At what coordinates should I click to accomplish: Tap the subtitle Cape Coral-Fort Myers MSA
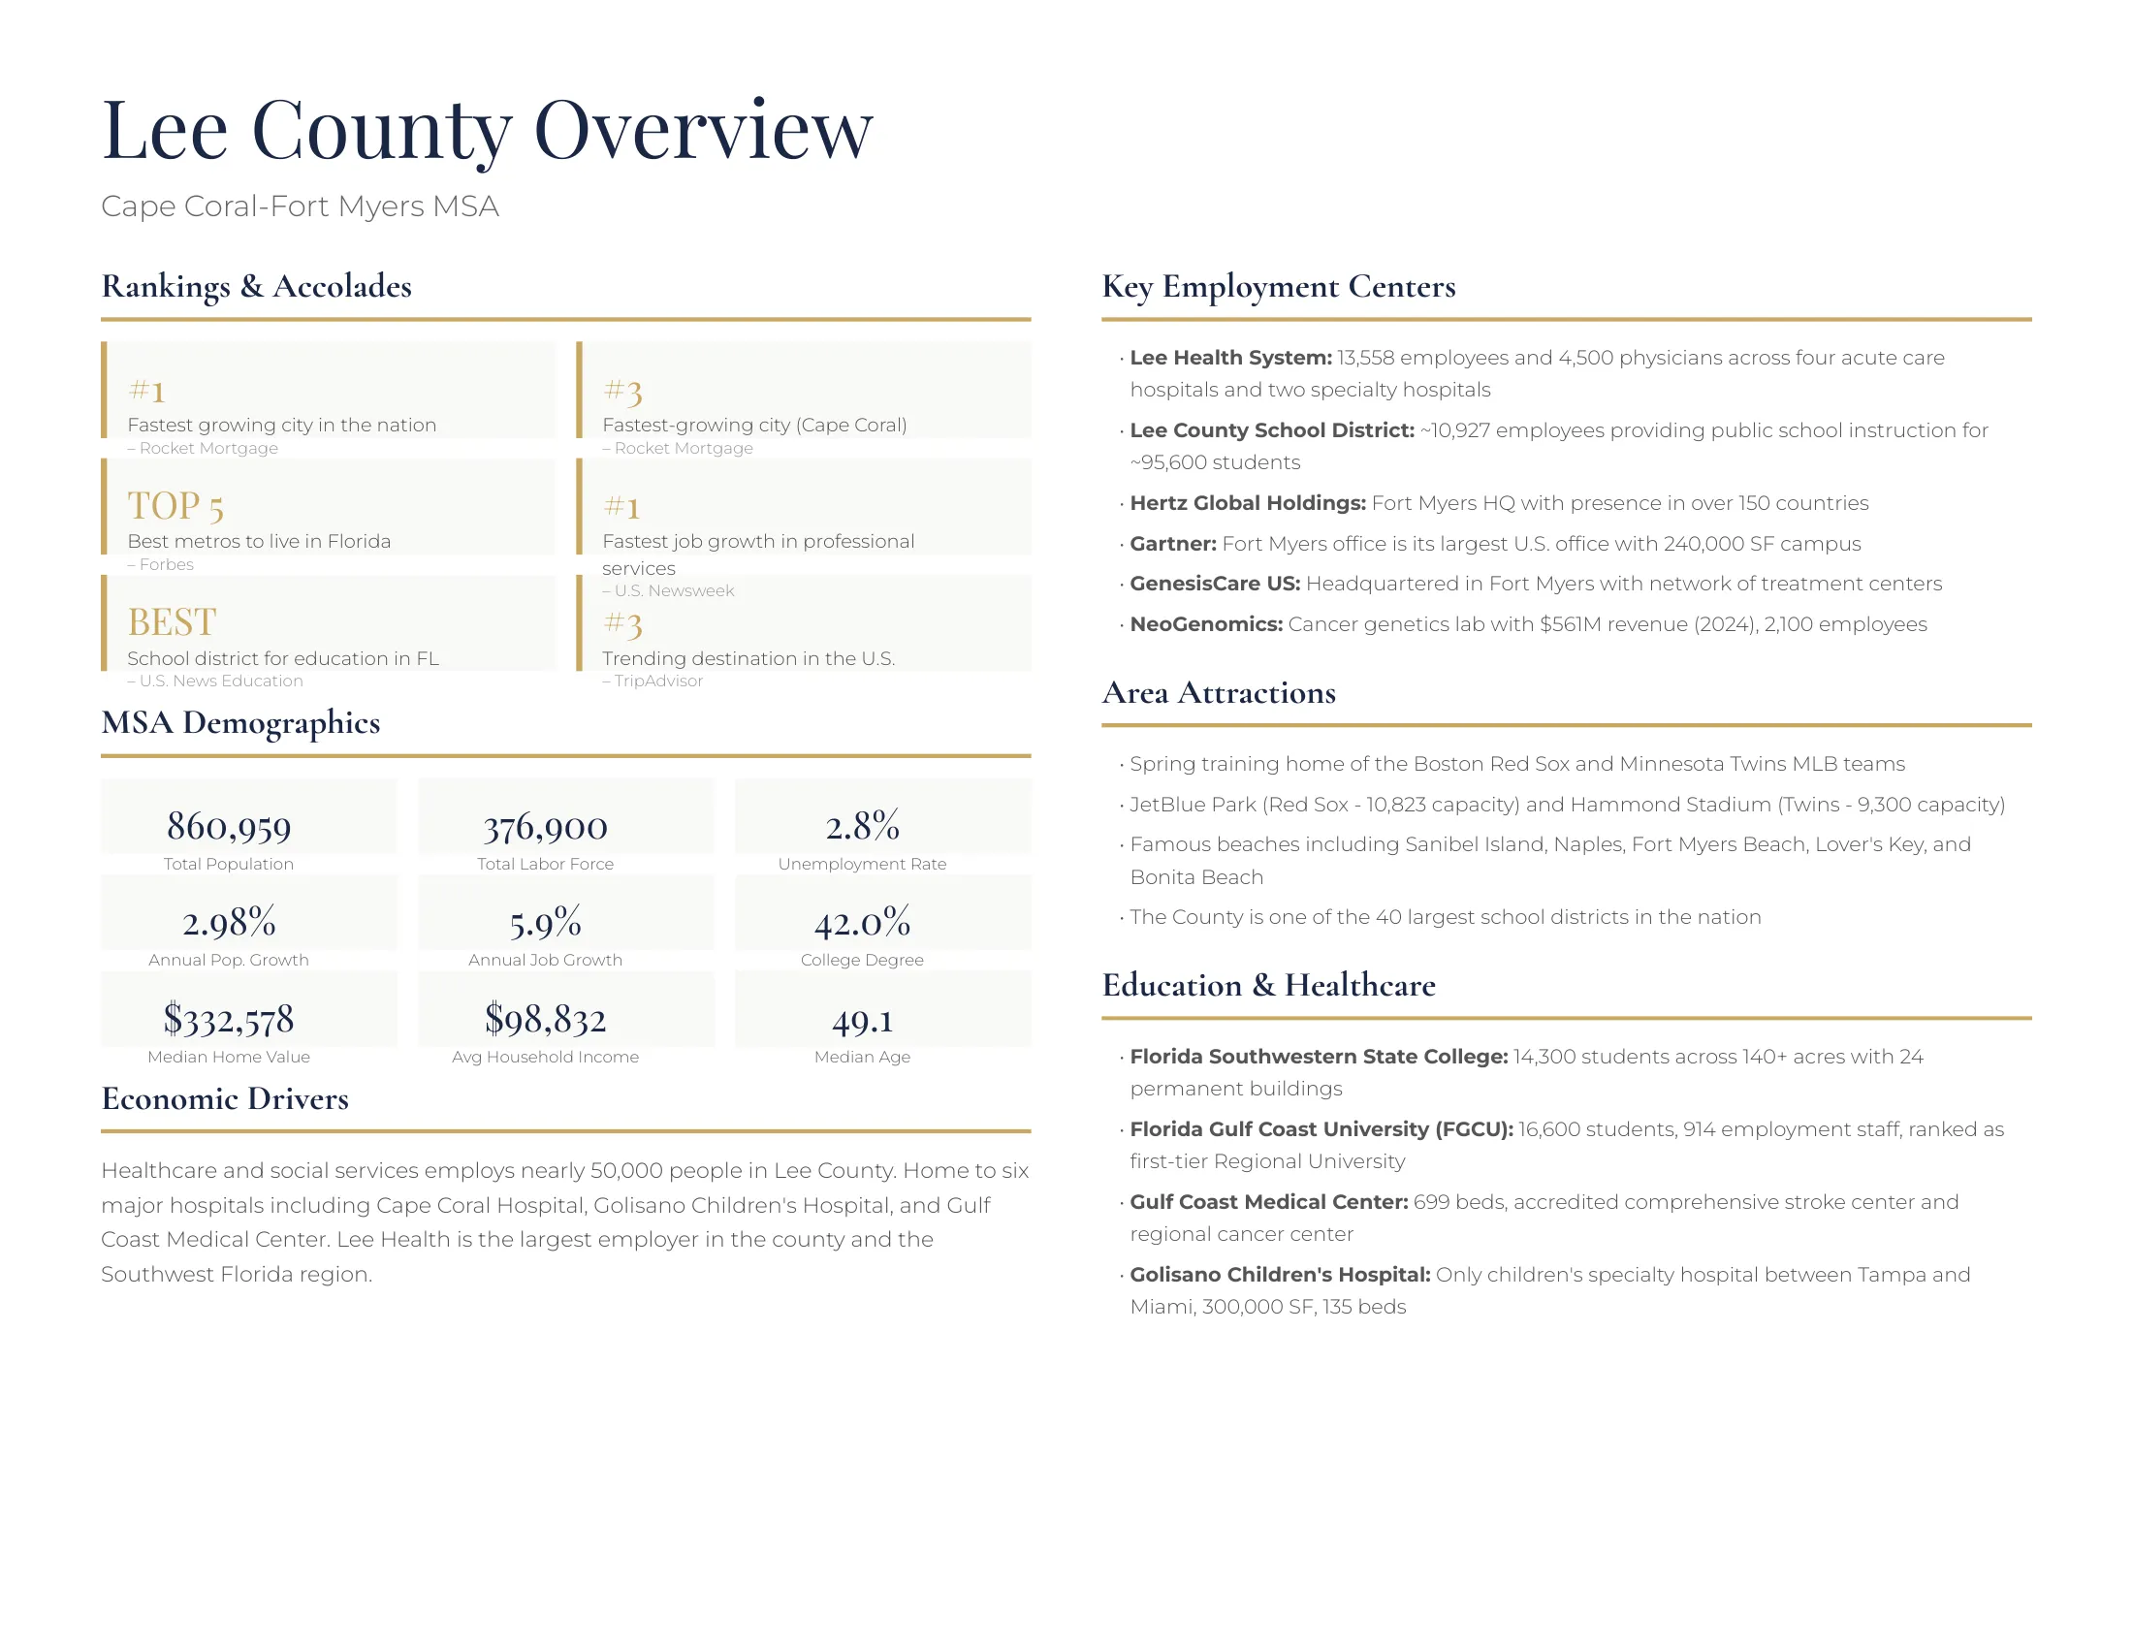tap(300, 207)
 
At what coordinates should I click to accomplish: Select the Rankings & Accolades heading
tap(257, 286)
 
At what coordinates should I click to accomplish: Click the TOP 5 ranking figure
tap(175, 506)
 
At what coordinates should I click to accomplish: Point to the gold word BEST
tap(172, 622)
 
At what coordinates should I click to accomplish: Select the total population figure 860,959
tap(229, 827)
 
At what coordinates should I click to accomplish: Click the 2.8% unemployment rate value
tap(861, 826)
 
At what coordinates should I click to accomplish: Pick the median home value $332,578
tap(229, 1019)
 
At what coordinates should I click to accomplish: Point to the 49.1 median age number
tap(861, 1021)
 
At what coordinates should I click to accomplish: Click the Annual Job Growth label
tap(545, 960)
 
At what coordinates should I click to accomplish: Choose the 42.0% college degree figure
tap(861, 923)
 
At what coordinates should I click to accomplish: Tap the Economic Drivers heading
tap(225, 1098)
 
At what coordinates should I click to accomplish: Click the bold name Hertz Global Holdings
tap(1247, 503)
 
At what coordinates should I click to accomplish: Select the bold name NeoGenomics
tap(1205, 624)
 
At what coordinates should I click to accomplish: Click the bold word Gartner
tap(1172, 544)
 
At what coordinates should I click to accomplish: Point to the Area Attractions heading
tap(1218, 692)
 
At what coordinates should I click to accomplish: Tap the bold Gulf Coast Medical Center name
tap(1268, 1202)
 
